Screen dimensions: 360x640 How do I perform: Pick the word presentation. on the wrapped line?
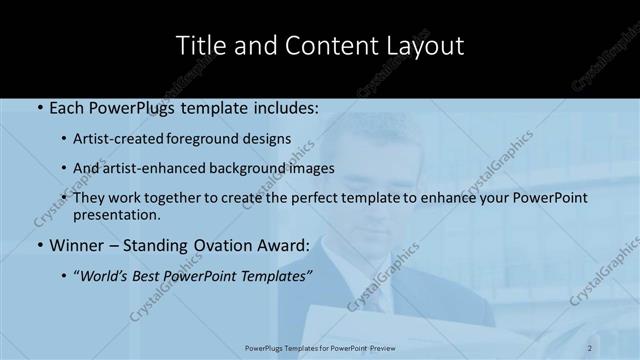click(x=116, y=214)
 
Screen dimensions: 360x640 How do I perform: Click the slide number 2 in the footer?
click(x=590, y=347)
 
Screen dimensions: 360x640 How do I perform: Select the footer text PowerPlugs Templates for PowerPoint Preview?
click(x=320, y=347)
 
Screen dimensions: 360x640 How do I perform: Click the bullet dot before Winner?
click(x=39, y=245)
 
